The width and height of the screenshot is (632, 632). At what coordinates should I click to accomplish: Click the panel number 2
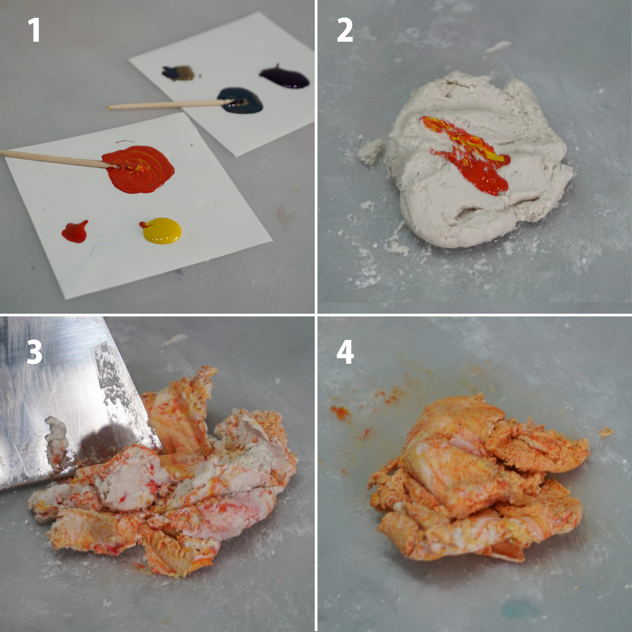click(345, 30)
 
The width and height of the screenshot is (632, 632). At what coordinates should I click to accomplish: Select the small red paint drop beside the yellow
click(75, 231)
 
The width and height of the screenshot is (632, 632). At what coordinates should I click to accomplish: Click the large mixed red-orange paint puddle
click(138, 169)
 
